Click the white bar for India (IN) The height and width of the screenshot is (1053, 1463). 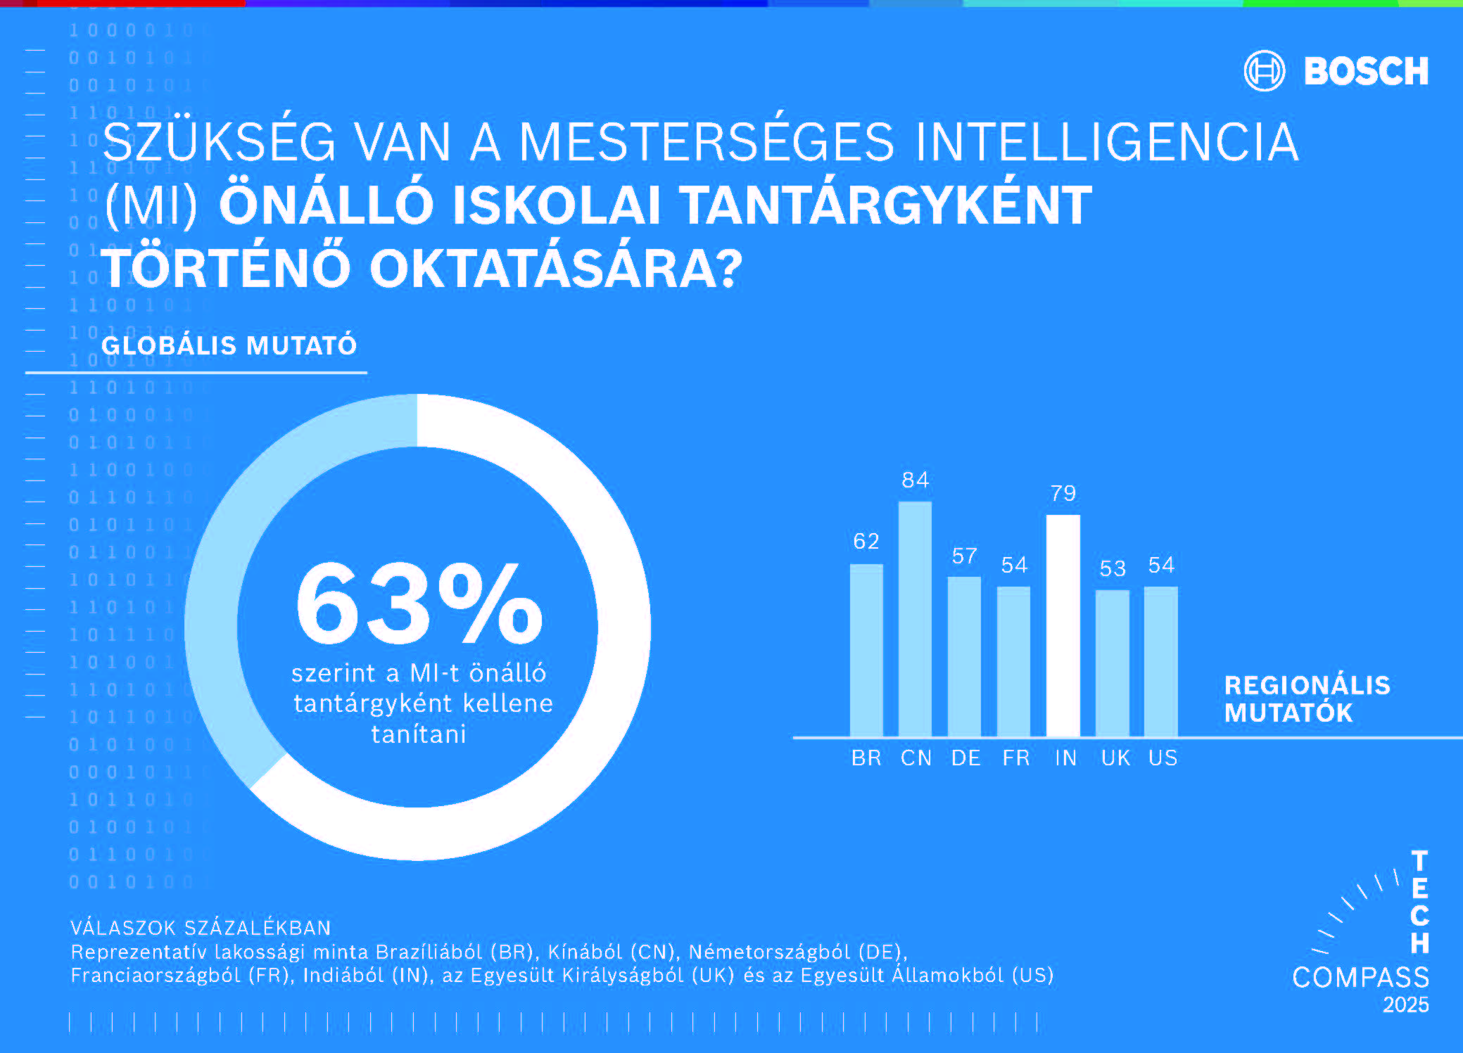coord(1063,626)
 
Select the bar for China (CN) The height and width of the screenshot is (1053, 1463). coord(915,619)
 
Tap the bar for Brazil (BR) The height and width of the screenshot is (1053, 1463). coord(866,651)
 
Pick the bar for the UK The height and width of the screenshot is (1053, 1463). coord(1112,663)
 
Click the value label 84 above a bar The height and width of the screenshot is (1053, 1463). coord(916,480)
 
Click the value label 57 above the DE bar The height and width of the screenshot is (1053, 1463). coord(965,556)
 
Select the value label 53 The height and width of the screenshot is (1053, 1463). coord(1113,568)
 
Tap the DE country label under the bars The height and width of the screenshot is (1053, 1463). coord(965,758)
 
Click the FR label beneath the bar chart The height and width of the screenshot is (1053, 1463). coord(1015,758)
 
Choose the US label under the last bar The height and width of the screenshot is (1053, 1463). coord(1163,758)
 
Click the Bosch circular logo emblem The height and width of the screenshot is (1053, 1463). coord(1264,71)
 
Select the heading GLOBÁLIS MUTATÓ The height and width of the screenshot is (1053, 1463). coord(229,345)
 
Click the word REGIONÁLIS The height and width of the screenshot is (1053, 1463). coord(1307,685)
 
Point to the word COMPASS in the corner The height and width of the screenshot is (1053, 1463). coord(1360,977)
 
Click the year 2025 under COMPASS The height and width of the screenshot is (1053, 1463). coord(1405,1005)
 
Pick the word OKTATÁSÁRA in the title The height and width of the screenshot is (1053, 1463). coord(556,268)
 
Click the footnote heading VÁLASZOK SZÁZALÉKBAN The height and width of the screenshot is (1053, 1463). coord(201,928)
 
